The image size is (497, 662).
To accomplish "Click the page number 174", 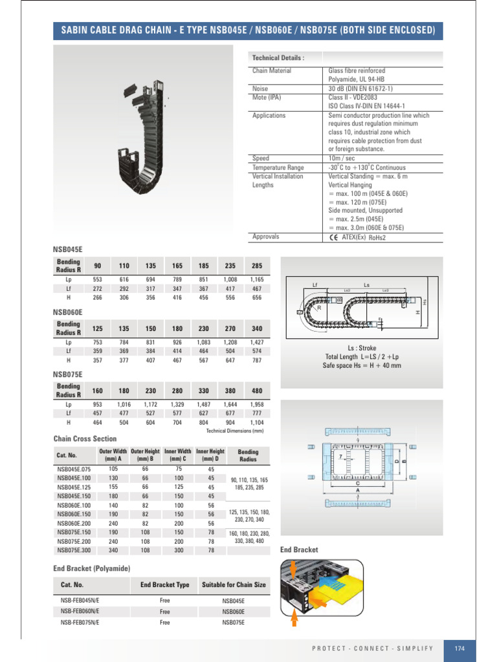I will click(460, 648).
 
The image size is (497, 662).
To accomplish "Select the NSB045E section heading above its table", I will click(68, 248).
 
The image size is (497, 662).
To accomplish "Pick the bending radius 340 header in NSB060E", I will click(258, 328).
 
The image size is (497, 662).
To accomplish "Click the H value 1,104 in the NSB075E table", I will click(258, 423).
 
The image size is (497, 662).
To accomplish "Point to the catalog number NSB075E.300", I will click(74, 550).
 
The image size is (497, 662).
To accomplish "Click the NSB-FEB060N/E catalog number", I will click(80, 611).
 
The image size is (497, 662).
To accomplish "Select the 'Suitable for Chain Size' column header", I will click(234, 585).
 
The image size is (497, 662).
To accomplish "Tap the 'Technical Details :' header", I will click(278, 58).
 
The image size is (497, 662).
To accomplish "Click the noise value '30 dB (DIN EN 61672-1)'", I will click(360, 89).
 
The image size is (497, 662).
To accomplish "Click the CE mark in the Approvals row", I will click(333, 237).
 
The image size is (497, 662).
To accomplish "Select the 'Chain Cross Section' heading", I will click(85, 438).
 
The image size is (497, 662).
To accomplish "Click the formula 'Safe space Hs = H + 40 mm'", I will click(362, 365).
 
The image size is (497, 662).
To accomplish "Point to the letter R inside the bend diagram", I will click(320, 308).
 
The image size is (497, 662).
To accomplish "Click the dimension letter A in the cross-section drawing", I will click(357, 491).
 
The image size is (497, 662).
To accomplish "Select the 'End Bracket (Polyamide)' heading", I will click(92, 568).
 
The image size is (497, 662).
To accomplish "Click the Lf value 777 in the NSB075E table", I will click(258, 413).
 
